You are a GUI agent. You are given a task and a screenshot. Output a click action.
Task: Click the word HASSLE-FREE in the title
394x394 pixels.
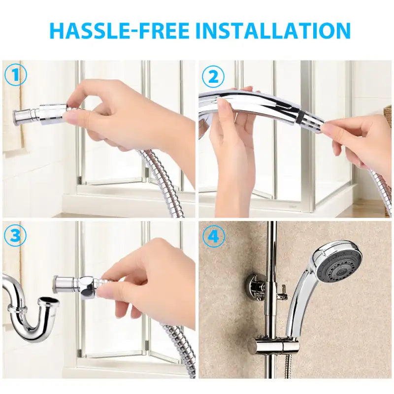[x=119, y=31]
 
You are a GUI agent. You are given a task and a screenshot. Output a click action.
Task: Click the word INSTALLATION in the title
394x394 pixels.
[x=273, y=31]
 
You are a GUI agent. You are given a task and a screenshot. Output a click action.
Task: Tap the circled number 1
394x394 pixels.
[x=15, y=75]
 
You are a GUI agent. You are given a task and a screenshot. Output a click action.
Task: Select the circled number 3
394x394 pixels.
[x=15, y=236]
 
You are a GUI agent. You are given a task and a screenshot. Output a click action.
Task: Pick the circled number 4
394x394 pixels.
[x=213, y=237]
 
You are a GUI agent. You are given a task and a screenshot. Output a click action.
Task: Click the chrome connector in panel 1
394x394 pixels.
[x=39, y=114]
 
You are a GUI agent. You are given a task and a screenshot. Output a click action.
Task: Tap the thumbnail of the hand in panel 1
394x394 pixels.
[x=71, y=117]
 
